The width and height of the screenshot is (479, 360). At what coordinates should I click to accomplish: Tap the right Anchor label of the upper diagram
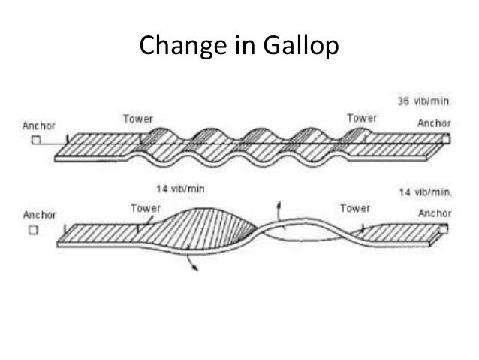pyautogui.click(x=434, y=123)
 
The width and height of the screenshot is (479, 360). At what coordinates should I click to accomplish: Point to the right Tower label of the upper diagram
pyautogui.click(x=363, y=117)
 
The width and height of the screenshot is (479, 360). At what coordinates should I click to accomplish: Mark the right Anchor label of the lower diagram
pyautogui.click(x=434, y=213)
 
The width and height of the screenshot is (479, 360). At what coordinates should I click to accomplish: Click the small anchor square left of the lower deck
pyautogui.click(x=34, y=230)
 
